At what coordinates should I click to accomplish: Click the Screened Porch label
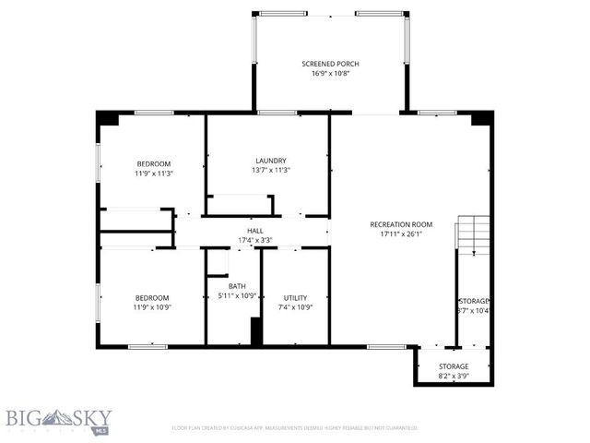[330, 64]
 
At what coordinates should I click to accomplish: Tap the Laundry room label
[271, 160]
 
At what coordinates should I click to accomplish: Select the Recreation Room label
[401, 224]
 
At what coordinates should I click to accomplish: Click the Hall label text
[255, 231]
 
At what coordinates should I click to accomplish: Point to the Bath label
[237, 286]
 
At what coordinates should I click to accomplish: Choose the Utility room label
[295, 297]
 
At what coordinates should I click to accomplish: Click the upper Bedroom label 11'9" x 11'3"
[153, 163]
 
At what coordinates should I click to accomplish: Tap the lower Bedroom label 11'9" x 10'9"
[152, 297]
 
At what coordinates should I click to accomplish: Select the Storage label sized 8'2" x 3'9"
[453, 366]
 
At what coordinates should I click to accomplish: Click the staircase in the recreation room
[474, 234]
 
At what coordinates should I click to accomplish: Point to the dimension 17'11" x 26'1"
[401, 234]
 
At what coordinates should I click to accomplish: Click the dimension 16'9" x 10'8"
[330, 74]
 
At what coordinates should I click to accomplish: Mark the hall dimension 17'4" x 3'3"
[255, 241]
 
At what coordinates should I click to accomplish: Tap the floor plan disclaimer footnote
[295, 427]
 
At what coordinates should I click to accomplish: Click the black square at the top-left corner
[108, 118]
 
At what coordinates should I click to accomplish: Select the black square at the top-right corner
[480, 118]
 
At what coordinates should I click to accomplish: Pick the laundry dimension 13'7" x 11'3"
[271, 170]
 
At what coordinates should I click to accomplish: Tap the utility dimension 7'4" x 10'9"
[295, 307]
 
